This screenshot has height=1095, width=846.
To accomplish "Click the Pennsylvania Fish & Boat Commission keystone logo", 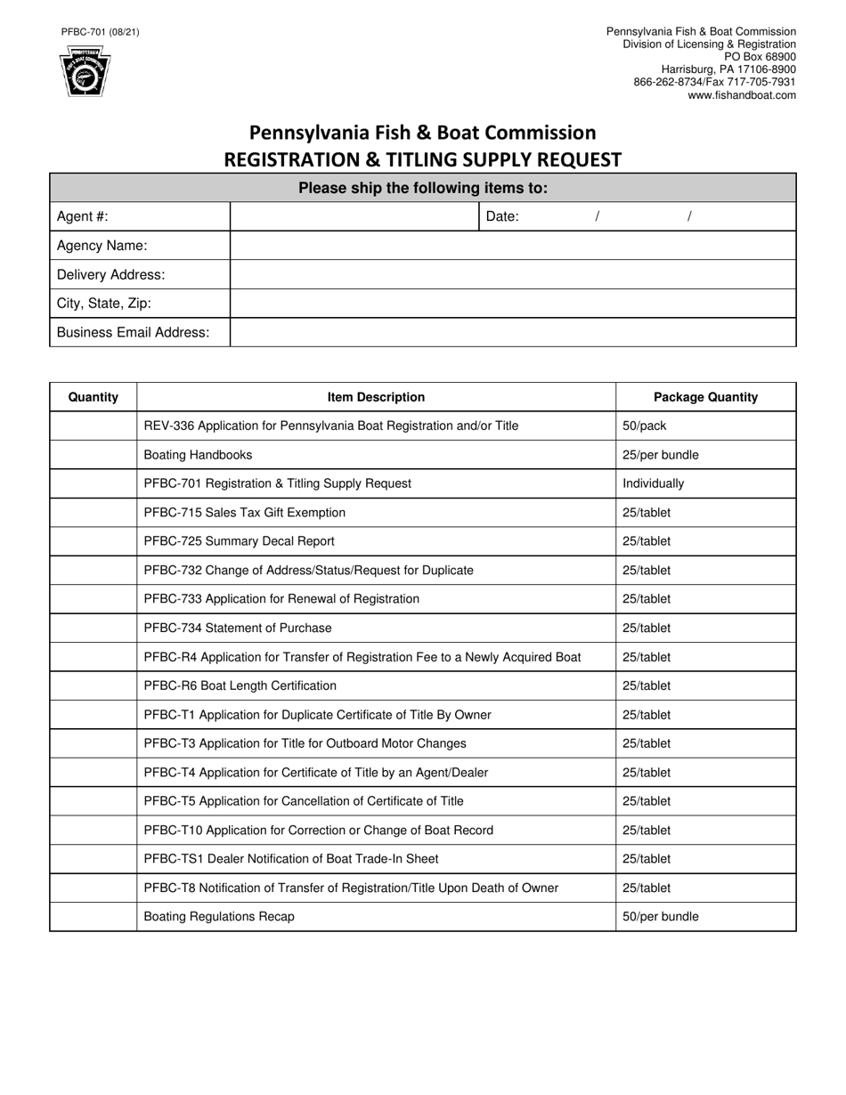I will [x=85, y=72].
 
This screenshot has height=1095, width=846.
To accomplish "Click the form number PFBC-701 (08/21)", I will [x=100, y=32].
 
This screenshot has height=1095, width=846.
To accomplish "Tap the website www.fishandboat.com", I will [x=742, y=95].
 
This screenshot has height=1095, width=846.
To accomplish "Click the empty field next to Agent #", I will [x=354, y=216].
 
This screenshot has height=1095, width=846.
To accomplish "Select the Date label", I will [x=502, y=216].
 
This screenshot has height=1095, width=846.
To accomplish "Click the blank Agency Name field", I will [x=512, y=246].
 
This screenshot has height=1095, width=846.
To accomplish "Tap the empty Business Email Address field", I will [x=512, y=332].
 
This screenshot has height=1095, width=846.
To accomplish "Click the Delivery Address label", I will [x=110, y=274].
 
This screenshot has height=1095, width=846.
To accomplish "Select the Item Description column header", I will [x=376, y=397].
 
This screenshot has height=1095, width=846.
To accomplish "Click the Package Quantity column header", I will [x=705, y=397].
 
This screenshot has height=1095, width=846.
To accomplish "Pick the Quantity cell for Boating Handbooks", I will [x=94, y=455].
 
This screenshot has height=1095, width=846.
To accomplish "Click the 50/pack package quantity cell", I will [x=705, y=426].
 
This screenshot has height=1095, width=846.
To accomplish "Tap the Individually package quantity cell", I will [x=705, y=483].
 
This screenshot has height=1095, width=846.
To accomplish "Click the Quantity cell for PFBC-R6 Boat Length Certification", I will [x=94, y=685].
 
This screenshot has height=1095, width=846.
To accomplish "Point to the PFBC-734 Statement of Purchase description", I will [x=238, y=628].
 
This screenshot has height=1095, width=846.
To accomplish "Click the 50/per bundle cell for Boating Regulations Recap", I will [x=705, y=916].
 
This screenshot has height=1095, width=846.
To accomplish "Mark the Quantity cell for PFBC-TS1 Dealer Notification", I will [x=94, y=859].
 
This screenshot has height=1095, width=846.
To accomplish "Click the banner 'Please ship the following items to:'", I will [x=423, y=188].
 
